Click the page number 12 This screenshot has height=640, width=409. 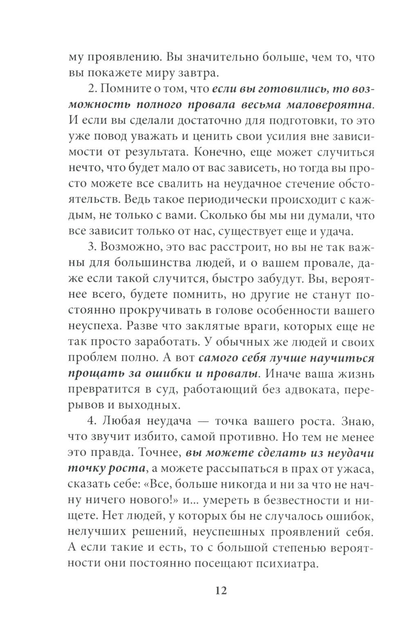click(x=220, y=590)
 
